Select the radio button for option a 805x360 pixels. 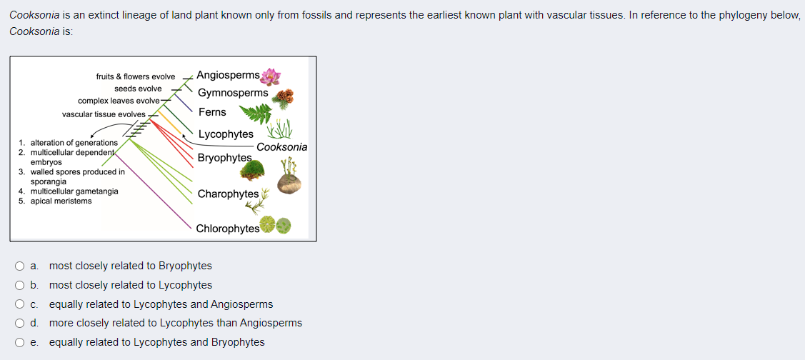[19, 266]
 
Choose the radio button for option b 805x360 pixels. [19, 285]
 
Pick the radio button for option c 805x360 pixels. [19, 304]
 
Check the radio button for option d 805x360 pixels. [19, 324]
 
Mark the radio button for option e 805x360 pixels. [19, 343]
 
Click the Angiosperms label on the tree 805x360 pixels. [228, 75]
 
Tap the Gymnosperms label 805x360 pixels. [233, 93]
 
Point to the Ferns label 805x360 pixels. [212, 112]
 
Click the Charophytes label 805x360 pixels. [228, 194]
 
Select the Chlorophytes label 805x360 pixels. [228, 229]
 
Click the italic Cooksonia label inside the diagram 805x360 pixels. [282, 147]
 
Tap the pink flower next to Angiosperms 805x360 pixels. [271, 77]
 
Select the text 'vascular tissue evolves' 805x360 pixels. [104, 114]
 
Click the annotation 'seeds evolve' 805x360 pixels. [138, 89]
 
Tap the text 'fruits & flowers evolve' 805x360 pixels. [136, 76]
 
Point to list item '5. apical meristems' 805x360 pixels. [55, 201]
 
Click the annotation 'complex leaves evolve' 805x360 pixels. [119, 101]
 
